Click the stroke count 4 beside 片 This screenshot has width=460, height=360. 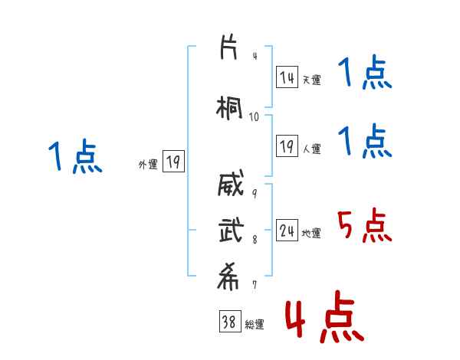tap(255, 56)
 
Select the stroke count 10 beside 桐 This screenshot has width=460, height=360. tap(255, 116)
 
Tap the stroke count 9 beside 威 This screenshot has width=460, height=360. tap(255, 192)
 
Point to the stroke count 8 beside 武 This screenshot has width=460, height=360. tap(255, 240)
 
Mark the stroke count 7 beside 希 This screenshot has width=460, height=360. tap(255, 285)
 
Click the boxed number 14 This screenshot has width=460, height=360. tap(287, 77)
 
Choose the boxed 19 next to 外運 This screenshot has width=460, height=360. tap(173, 162)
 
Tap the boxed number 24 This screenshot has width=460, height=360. tap(287, 231)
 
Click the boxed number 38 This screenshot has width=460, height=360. tap(228, 322)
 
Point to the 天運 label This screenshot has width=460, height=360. tap(311, 80)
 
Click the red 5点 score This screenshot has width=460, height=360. tap(364, 225)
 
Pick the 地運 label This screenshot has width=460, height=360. tap(311, 234)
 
